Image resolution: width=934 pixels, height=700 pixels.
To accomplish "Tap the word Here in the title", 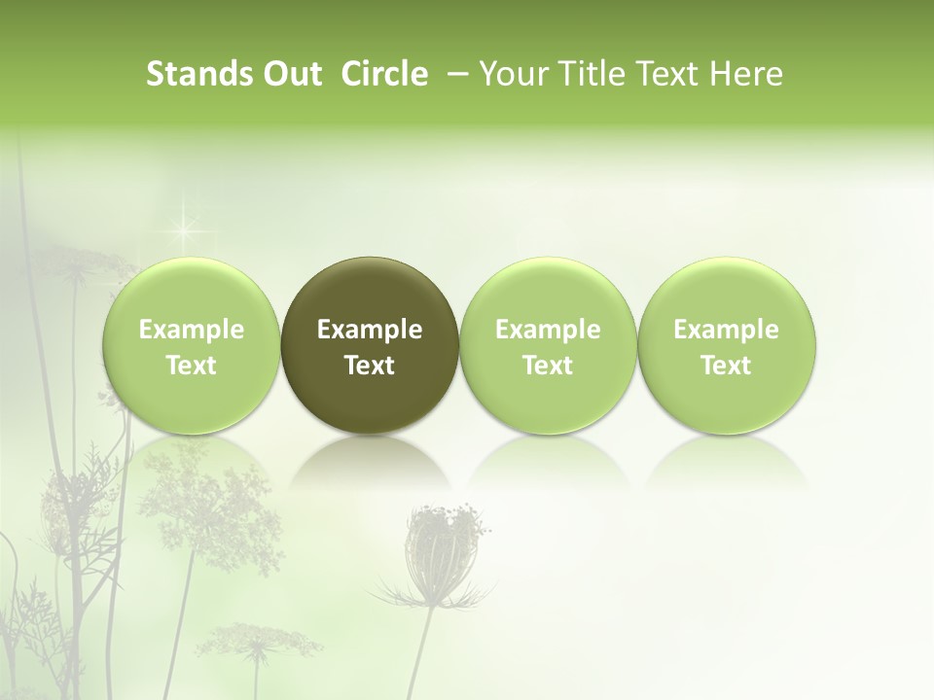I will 746,74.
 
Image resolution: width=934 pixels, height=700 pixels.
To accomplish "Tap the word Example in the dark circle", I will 370,330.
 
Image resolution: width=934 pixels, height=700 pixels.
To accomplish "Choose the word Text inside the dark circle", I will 370,366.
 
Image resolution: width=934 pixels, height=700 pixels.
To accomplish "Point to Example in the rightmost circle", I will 726,330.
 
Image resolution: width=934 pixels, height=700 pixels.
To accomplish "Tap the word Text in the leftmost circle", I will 192,366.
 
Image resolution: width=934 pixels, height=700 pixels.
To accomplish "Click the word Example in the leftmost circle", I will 192,330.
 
